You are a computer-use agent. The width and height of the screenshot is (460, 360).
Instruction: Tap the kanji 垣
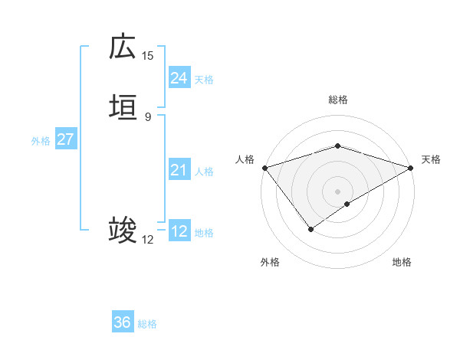point(123,108)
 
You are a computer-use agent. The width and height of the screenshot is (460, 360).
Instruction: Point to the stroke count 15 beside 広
point(148,55)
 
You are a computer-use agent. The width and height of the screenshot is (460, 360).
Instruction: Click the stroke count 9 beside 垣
point(148,117)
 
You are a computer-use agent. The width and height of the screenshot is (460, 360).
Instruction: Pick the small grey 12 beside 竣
point(148,240)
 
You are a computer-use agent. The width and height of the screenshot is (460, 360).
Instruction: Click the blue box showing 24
point(179,78)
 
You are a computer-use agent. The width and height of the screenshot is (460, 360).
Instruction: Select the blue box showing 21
point(179,170)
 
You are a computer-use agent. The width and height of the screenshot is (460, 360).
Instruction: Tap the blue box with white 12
point(179,231)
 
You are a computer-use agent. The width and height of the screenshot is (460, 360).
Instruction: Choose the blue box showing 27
point(65,140)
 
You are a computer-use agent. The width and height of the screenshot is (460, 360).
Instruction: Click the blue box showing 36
point(123,322)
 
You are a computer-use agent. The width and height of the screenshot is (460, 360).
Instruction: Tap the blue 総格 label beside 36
point(147,324)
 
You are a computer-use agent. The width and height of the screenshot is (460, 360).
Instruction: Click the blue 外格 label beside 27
point(41,141)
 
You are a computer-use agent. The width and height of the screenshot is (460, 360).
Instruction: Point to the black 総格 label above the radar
point(338,100)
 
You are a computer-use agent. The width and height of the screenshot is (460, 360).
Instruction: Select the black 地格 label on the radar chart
point(402,262)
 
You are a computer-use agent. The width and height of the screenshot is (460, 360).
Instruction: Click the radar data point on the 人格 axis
point(264,167)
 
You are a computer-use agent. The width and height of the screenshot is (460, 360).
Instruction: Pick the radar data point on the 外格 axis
point(311,228)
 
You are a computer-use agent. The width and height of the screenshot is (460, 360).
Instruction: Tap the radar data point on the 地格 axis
point(348,204)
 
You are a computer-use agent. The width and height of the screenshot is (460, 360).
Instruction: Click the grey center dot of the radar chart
point(338,191)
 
